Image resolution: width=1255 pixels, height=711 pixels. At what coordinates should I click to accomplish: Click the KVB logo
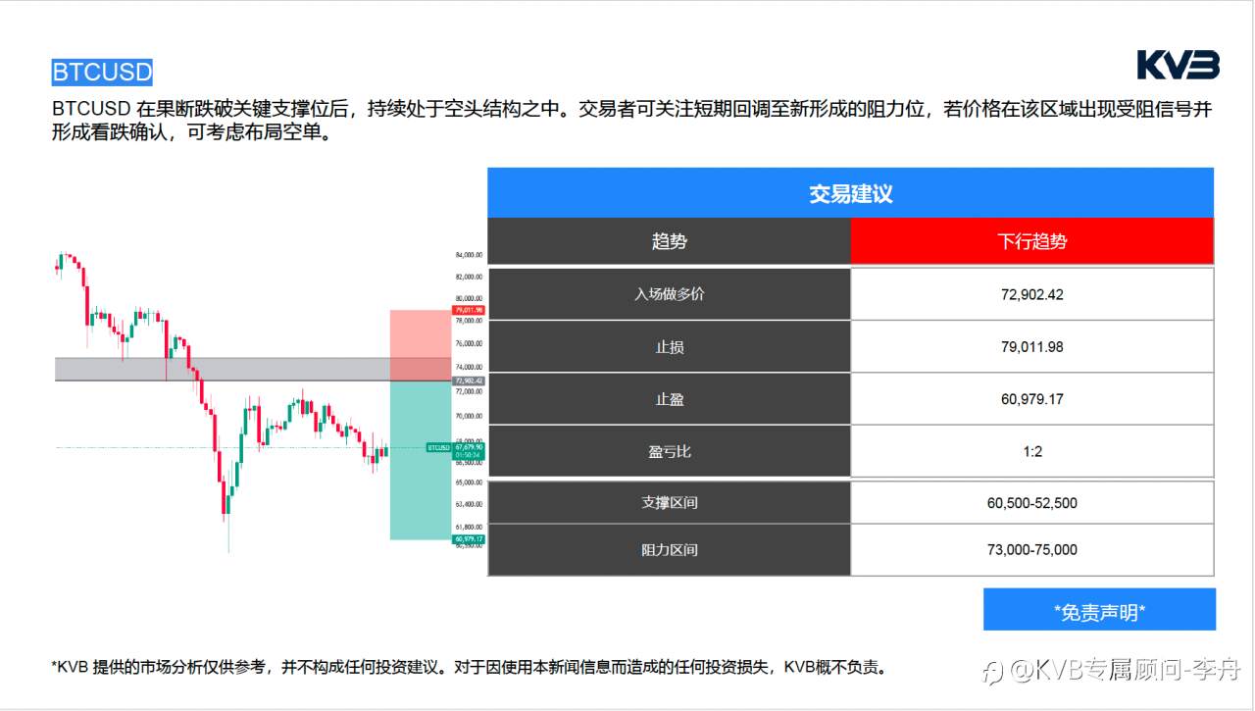tap(1178, 65)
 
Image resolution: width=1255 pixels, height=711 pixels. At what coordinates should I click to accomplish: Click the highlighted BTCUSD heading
tap(102, 73)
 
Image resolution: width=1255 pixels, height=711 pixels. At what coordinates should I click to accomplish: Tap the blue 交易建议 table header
tap(850, 193)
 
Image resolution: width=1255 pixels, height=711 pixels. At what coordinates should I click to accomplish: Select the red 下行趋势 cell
tap(1031, 241)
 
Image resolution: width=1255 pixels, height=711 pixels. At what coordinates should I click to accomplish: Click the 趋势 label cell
tap(669, 241)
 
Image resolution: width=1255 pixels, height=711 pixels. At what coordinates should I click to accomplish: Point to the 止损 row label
tap(669, 347)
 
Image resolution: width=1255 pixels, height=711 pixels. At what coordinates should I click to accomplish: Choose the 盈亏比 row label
tap(669, 451)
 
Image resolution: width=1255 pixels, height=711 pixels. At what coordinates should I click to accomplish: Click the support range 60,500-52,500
tap(1031, 503)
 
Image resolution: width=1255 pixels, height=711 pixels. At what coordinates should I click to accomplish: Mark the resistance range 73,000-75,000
tap(1031, 550)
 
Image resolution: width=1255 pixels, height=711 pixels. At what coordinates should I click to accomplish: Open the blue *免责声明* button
tap(1099, 612)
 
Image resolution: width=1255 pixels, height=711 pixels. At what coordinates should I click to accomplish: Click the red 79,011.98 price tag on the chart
tap(469, 310)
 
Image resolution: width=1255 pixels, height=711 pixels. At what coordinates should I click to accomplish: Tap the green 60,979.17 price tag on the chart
tap(469, 539)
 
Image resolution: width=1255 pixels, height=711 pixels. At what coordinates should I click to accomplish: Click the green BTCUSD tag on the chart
tap(438, 447)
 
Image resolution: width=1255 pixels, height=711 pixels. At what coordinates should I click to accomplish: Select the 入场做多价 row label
tap(669, 294)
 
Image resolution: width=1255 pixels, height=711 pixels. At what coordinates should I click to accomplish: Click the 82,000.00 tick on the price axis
tap(469, 277)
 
